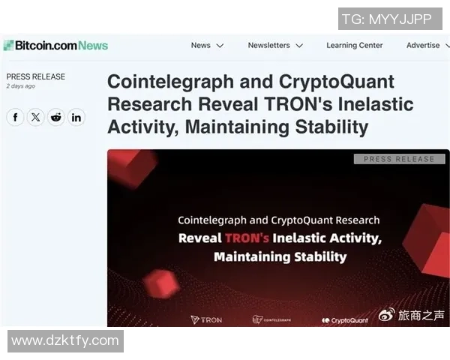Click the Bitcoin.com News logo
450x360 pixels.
point(55,46)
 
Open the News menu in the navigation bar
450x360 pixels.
point(207,45)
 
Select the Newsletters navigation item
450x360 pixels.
point(275,45)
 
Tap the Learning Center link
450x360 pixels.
point(354,45)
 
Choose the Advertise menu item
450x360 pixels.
point(427,45)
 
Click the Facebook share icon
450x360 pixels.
point(16,117)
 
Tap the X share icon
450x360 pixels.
point(36,117)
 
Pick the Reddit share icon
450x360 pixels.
point(56,117)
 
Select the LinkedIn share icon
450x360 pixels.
point(76,117)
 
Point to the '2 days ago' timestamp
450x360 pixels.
point(21,86)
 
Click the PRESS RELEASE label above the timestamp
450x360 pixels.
point(35,76)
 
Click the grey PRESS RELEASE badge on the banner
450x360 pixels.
point(399,159)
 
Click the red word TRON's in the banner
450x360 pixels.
point(244,238)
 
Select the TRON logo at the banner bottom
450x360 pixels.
point(206,319)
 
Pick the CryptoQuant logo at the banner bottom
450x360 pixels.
point(345,320)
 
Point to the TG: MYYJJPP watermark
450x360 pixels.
point(386,19)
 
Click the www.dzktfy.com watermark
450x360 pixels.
point(65,340)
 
